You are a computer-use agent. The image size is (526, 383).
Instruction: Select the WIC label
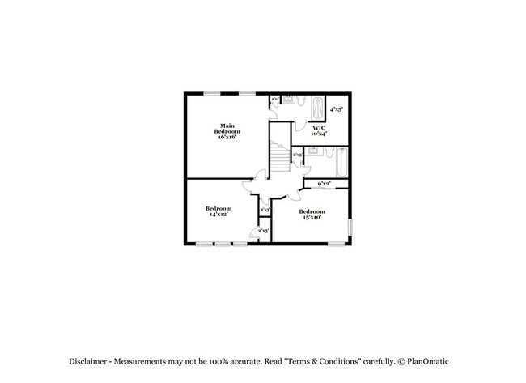point(319,128)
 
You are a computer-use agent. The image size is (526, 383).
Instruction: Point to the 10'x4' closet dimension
point(319,134)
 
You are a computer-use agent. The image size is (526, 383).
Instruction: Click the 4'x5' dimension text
point(336,109)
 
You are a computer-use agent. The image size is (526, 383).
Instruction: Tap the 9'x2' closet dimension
point(325,184)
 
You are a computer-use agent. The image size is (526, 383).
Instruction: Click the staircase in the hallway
point(280,159)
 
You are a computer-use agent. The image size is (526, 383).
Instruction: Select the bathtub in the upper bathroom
point(318,107)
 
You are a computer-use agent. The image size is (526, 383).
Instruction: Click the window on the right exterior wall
point(350,228)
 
